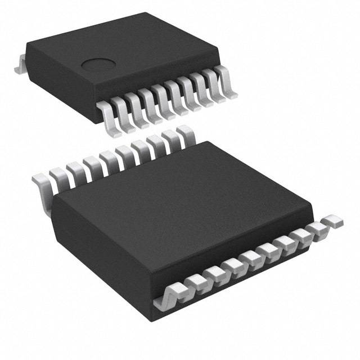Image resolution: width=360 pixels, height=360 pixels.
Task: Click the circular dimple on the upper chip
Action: pyautogui.click(x=96, y=65)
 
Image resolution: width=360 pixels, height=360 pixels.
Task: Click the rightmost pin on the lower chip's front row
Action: pyautogui.click(x=332, y=220)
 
